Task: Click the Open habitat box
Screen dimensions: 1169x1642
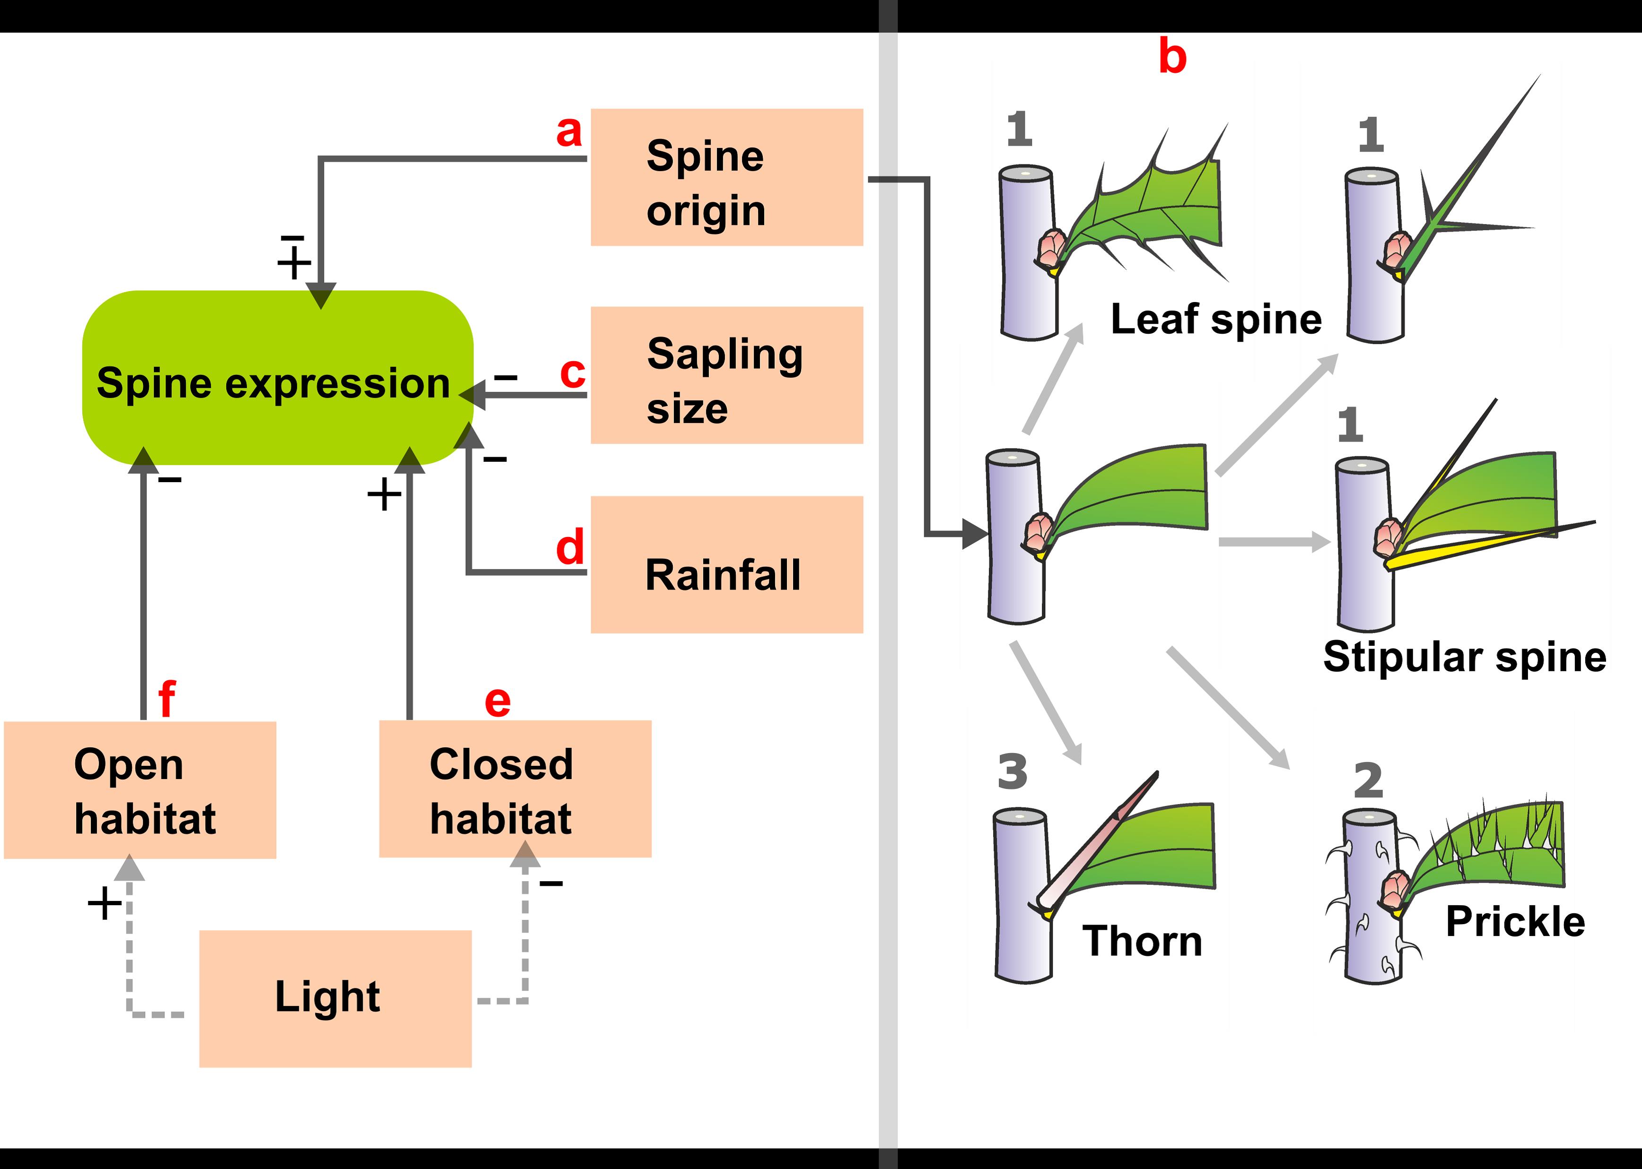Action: click(140, 790)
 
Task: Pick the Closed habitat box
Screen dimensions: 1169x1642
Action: click(515, 789)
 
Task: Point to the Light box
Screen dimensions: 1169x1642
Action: click(335, 998)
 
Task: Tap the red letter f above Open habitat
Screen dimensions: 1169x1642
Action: click(166, 698)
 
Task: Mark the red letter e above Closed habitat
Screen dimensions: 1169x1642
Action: click(498, 701)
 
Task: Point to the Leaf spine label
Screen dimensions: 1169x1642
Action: click(1215, 319)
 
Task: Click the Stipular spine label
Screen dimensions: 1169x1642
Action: click(1464, 657)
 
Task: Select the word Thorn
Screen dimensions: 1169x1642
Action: click(1142, 941)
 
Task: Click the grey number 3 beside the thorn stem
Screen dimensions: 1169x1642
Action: click(1012, 771)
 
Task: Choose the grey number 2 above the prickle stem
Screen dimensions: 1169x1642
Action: click(1368, 780)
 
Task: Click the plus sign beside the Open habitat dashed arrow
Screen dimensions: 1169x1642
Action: click(105, 903)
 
